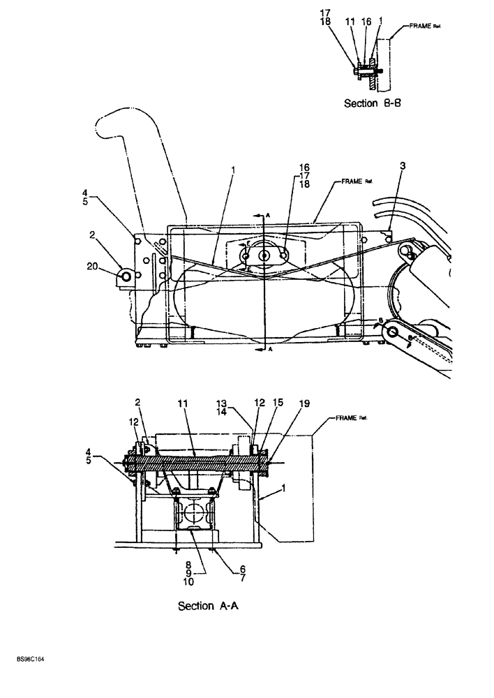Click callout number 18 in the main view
(x=304, y=185)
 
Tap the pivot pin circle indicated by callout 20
(x=126, y=277)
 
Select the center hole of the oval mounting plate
(x=264, y=256)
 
